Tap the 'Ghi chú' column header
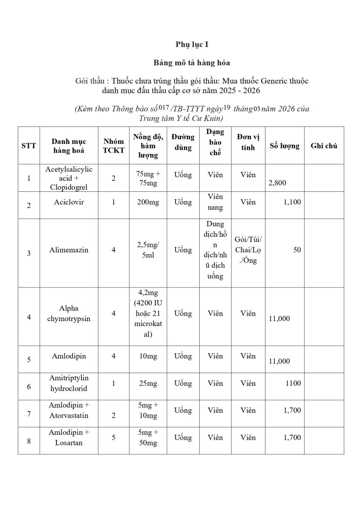[324, 146]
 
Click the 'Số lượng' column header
[285, 146]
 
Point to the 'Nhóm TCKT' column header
[114, 146]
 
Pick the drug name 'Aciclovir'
[69, 202]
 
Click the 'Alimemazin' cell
[69, 250]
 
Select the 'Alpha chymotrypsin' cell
[69, 313]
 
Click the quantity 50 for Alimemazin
[297, 250]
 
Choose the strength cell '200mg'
[147, 202]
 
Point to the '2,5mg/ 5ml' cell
[147, 250]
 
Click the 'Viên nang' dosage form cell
[215, 202]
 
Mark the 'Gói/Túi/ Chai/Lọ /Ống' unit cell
[248, 250]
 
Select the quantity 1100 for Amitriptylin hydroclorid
[293, 383]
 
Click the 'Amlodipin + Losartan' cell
[69, 437]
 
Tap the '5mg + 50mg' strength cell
[147, 437]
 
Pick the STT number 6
[29, 387]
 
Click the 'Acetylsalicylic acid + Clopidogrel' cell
[69, 178]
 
